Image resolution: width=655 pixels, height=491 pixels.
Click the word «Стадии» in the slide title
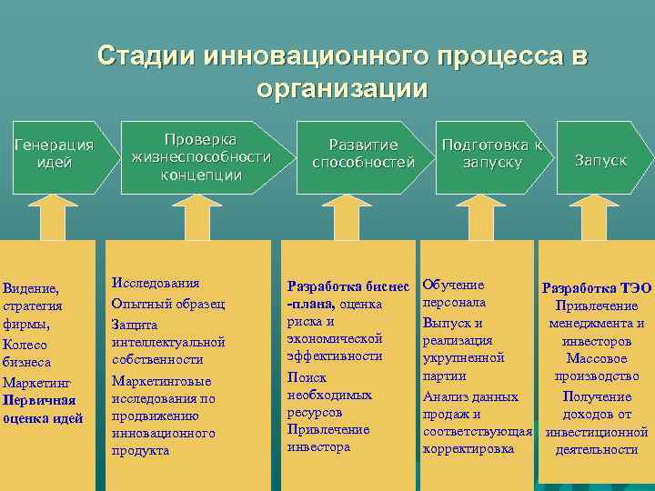tap(146, 56)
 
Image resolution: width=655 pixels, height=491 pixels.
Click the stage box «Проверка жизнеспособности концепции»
tap(201, 156)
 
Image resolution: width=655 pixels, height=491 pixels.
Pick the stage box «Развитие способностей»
tap(363, 154)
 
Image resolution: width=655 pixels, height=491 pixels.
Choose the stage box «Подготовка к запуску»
tap(492, 154)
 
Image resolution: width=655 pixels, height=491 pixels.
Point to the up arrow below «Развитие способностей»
tap(345, 217)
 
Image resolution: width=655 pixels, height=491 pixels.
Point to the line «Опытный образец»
tap(168, 304)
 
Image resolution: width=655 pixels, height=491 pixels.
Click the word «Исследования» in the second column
tap(155, 284)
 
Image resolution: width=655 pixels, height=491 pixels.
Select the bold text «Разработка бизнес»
tap(349, 285)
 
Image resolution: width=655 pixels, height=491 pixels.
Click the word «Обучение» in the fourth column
tap(453, 285)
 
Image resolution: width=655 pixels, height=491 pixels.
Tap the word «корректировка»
tap(469, 448)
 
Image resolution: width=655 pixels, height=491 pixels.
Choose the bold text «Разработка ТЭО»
tap(597, 288)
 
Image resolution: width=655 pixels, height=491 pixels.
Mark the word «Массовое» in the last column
tap(596, 358)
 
